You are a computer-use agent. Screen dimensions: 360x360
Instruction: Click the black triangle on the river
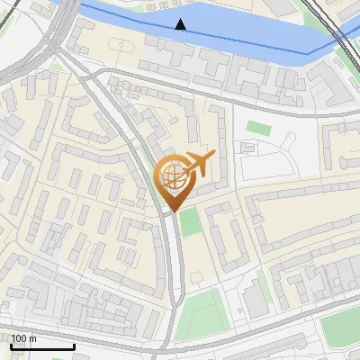pos(181,24)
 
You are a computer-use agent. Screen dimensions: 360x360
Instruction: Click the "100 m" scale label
pos(23,338)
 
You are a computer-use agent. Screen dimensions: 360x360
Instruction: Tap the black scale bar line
pos(41,346)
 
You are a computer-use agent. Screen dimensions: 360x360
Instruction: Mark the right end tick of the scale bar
pos(74,345)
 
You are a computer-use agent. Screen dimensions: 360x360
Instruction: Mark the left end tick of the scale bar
pos(10,345)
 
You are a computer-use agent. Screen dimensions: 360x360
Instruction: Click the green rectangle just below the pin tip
pos(188,221)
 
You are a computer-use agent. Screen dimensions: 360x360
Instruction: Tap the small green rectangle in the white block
pos(258,128)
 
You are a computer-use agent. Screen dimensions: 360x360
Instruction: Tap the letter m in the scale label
pos(32,338)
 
